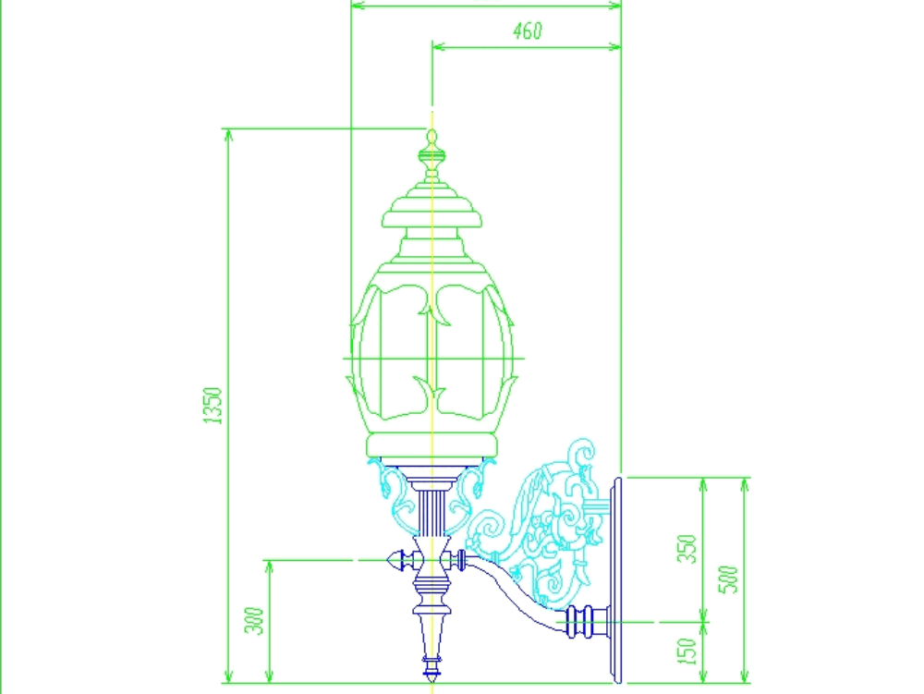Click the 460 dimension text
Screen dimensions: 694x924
coord(527,31)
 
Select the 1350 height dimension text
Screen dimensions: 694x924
coord(213,405)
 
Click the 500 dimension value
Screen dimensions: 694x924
coord(729,578)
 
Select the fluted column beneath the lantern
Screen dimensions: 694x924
coord(432,514)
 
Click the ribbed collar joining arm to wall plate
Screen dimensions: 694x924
coord(582,620)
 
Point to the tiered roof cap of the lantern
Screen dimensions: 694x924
coord(432,211)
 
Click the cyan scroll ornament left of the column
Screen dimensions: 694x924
coord(390,490)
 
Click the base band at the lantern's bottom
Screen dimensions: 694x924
coord(432,447)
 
